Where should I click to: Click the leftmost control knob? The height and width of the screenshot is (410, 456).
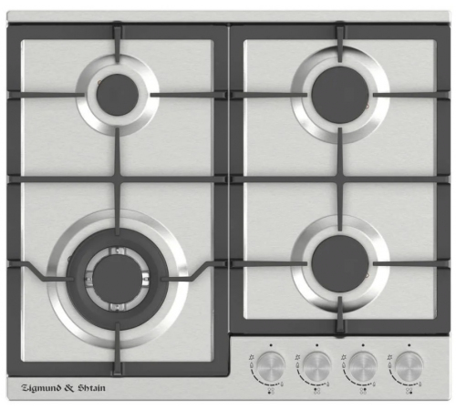click(271, 366)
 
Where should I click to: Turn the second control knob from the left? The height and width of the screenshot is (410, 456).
click(317, 366)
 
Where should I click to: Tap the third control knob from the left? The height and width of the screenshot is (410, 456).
click(363, 366)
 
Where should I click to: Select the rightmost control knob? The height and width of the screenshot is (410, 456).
click(409, 366)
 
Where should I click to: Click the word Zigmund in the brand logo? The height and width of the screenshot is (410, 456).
click(42, 388)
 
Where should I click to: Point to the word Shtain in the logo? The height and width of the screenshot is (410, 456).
click(92, 388)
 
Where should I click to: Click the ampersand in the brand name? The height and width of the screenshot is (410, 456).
click(70, 388)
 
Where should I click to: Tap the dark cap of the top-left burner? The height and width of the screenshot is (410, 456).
click(118, 95)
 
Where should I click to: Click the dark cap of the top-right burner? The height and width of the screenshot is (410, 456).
click(340, 95)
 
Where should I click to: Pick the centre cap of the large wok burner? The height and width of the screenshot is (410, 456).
click(118, 279)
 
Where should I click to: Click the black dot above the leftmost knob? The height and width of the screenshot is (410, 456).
click(271, 345)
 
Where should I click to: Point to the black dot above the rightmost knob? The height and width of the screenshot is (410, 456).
click(409, 345)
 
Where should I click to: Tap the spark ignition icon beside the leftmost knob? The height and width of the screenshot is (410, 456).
click(251, 357)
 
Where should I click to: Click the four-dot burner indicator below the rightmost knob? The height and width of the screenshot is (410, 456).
click(409, 391)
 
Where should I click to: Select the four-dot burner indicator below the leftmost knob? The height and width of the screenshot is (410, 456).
click(271, 391)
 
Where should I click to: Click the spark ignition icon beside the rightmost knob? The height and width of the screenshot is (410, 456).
click(389, 357)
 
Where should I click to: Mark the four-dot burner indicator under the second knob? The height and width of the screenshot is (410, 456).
click(317, 391)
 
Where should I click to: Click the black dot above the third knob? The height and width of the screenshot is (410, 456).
click(363, 345)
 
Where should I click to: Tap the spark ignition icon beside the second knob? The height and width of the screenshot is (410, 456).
click(297, 357)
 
